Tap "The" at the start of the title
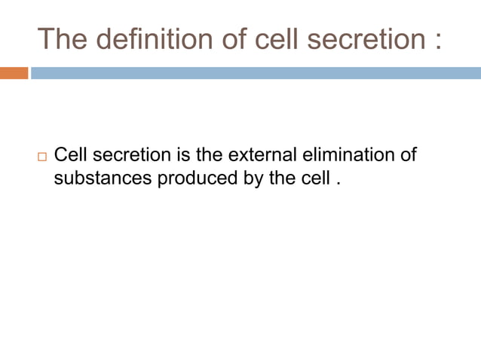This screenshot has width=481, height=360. click(61, 38)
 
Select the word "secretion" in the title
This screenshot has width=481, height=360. click(350, 38)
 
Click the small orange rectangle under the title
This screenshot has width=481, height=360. click(14, 73)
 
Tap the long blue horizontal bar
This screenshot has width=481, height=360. click(256, 73)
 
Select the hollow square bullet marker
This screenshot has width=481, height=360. click(41, 157)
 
